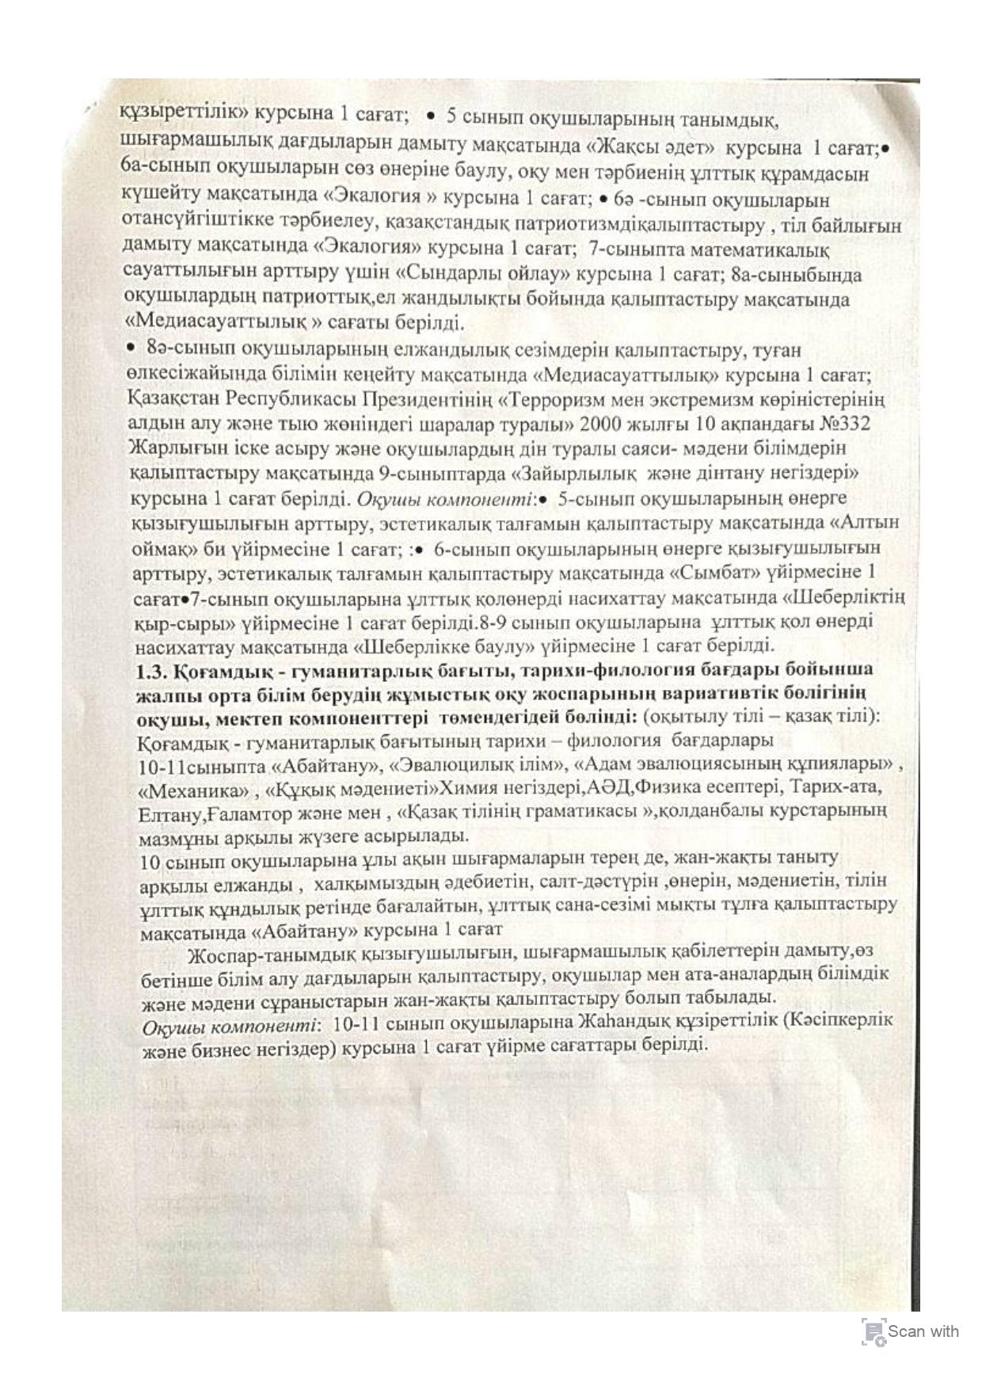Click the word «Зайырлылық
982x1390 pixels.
click(576, 474)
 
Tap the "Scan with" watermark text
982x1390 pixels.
click(923, 1331)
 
